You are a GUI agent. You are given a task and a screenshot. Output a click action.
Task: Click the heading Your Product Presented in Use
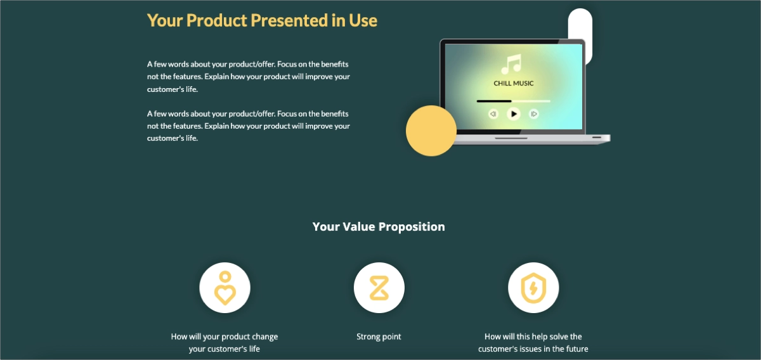pyautogui.click(x=262, y=20)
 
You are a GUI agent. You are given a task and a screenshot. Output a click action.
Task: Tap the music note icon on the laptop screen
pyautogui.click(x=511, y=64)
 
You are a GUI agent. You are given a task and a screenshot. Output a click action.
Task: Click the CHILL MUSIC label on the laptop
pyautogui.click(x=514, y=83)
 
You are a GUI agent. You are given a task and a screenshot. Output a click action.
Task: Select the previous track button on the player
pyautogui.click(x=493, y=114)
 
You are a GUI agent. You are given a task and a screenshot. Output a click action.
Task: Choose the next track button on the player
pyautogui.click(x=534, y=114)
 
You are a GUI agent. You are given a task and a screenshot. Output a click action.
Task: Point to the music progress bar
pyautogui.click(x=513, y=101)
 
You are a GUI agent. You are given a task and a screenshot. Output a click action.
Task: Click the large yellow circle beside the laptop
pyautogui.click(x=431, y=131)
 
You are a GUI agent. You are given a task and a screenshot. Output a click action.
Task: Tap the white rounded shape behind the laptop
pyautogui.click(x=580, y=25)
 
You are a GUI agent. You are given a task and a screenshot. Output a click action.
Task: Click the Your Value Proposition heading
pyautogui.click(x=379, y=227)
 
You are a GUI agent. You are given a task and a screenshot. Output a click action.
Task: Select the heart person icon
pyautogui.click(x=224, y=288)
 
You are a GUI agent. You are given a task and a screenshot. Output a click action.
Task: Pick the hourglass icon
pyautogui.click(x=379, y=288)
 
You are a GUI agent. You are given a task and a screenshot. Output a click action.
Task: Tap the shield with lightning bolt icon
pyautogui.click(x=533, y=288)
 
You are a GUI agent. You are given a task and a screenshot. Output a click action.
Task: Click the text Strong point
pyautogui.click(x=379, y=337)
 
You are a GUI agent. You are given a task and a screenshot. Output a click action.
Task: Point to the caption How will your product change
pyautogui.click(x=224, y=337)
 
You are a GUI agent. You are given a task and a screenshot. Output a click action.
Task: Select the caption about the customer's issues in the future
pyautogui.click(x=533, y=343)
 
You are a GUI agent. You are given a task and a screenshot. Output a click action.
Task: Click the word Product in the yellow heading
pyautogui.click(x=217, y=20)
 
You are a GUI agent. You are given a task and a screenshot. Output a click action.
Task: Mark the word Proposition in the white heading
pyautogui.click(x=412, y=227)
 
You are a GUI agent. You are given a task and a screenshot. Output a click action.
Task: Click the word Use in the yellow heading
pyautogui.click(x=363, y=20)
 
